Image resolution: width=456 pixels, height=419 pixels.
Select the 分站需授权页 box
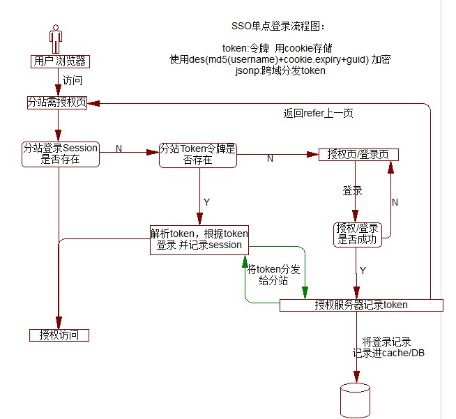(57, 102)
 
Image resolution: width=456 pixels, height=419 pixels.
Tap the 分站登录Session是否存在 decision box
(61, 154)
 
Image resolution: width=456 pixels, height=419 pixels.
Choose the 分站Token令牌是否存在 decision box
(198, 154)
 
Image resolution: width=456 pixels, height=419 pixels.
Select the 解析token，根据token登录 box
(199, 239)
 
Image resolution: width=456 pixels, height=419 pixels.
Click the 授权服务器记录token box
(361, 305)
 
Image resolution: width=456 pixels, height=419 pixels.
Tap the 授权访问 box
(59, 335)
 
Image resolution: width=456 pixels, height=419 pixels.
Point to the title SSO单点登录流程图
(278, 26)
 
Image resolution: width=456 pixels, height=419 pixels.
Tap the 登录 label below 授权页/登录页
(352, 190)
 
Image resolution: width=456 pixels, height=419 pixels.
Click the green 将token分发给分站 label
(273, 275)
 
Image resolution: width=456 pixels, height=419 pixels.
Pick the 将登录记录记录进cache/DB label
(388, 347)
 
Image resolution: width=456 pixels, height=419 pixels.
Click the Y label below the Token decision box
(206, 201)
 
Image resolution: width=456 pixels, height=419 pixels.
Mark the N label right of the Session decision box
(119, 148)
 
